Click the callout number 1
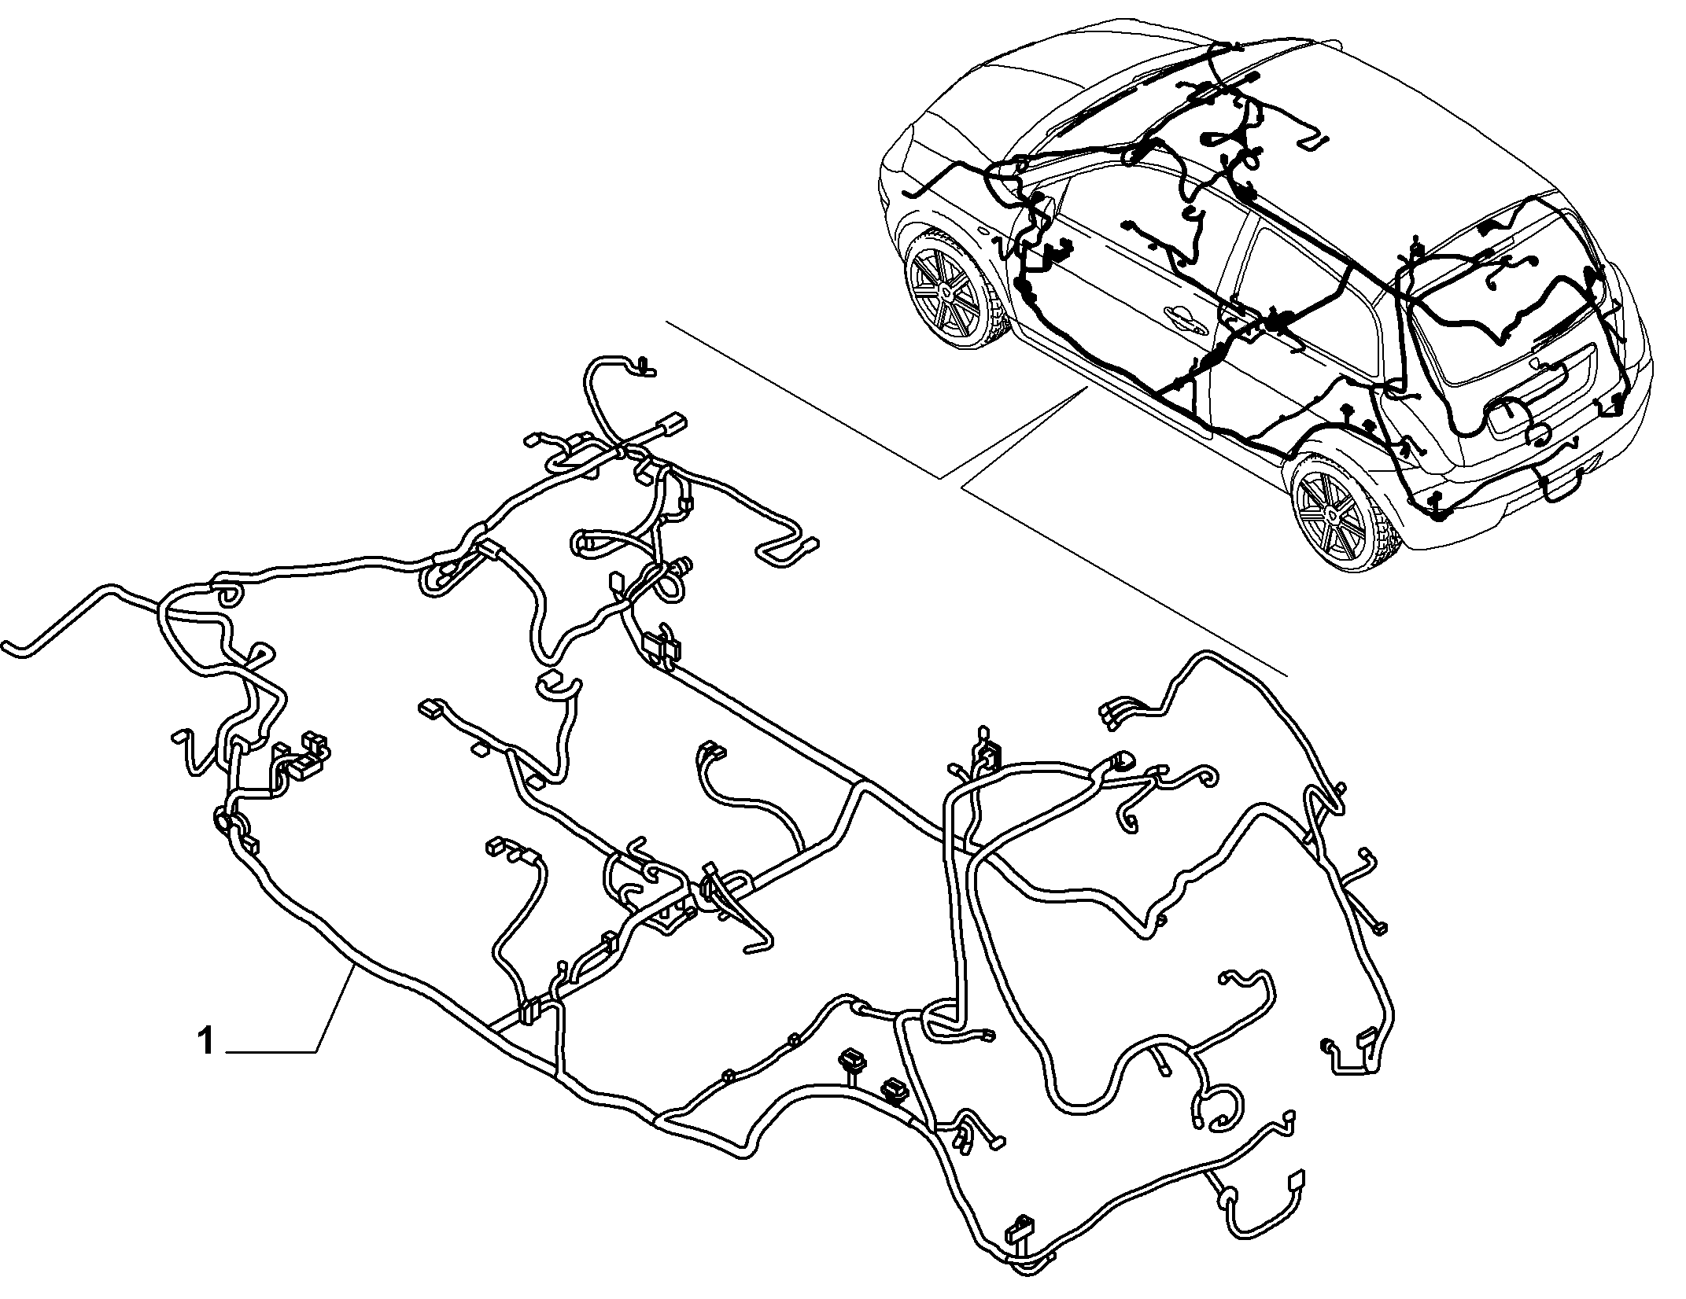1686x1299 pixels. (206, 1043)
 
